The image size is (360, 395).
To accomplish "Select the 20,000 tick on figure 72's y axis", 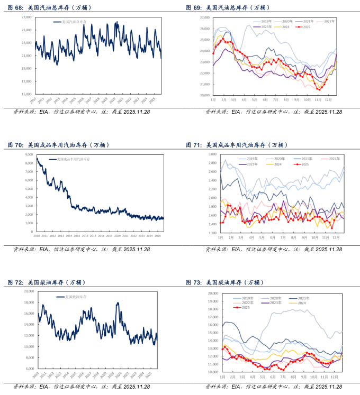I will pyautogui.click(x=28, y=291).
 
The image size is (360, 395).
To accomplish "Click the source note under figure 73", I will pyautogui.click(x=273, y=387).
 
